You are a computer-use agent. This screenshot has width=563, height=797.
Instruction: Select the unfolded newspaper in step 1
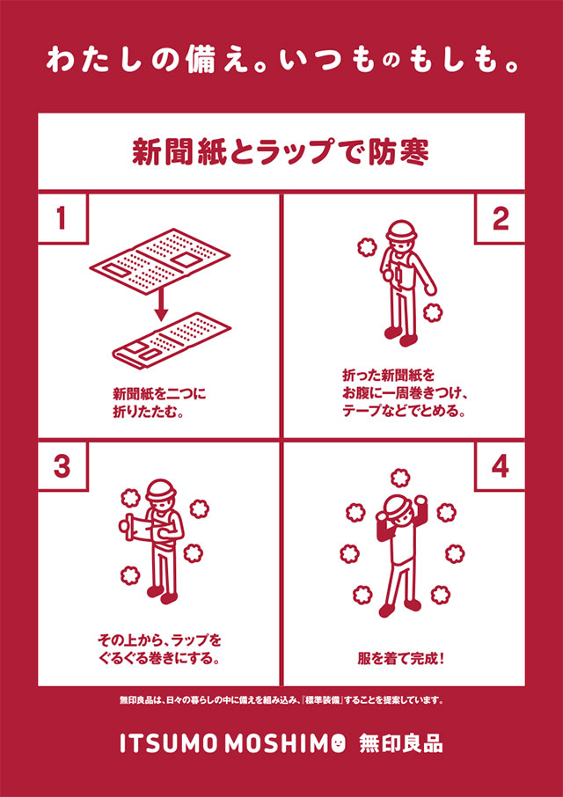click(x=160, y=264)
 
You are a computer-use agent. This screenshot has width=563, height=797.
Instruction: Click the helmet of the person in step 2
click(x=401, y=232)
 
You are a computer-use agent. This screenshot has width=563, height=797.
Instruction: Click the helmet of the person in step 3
click(x=161, y=491)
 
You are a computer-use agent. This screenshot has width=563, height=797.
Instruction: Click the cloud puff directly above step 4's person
click(x=399, y=478)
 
